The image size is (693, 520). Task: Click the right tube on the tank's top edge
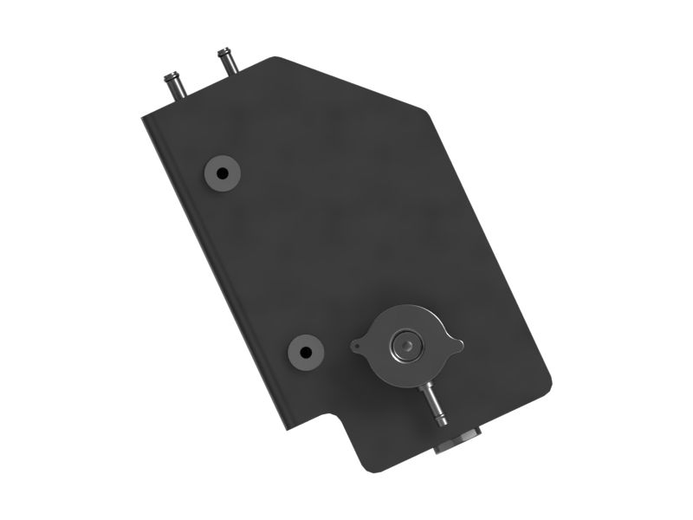[x=228, y=63]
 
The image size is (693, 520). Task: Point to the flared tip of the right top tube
[x=223, y=52]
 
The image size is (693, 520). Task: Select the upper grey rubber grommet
[x=222, y=172]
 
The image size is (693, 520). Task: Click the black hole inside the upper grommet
[x=222, y=172]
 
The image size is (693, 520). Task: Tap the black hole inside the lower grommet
[x=304, y=352]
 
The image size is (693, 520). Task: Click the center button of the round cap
[x=404, y=346]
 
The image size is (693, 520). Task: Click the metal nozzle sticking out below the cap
[x=433, y=400]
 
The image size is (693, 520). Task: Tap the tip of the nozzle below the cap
[x=441, y=419]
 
